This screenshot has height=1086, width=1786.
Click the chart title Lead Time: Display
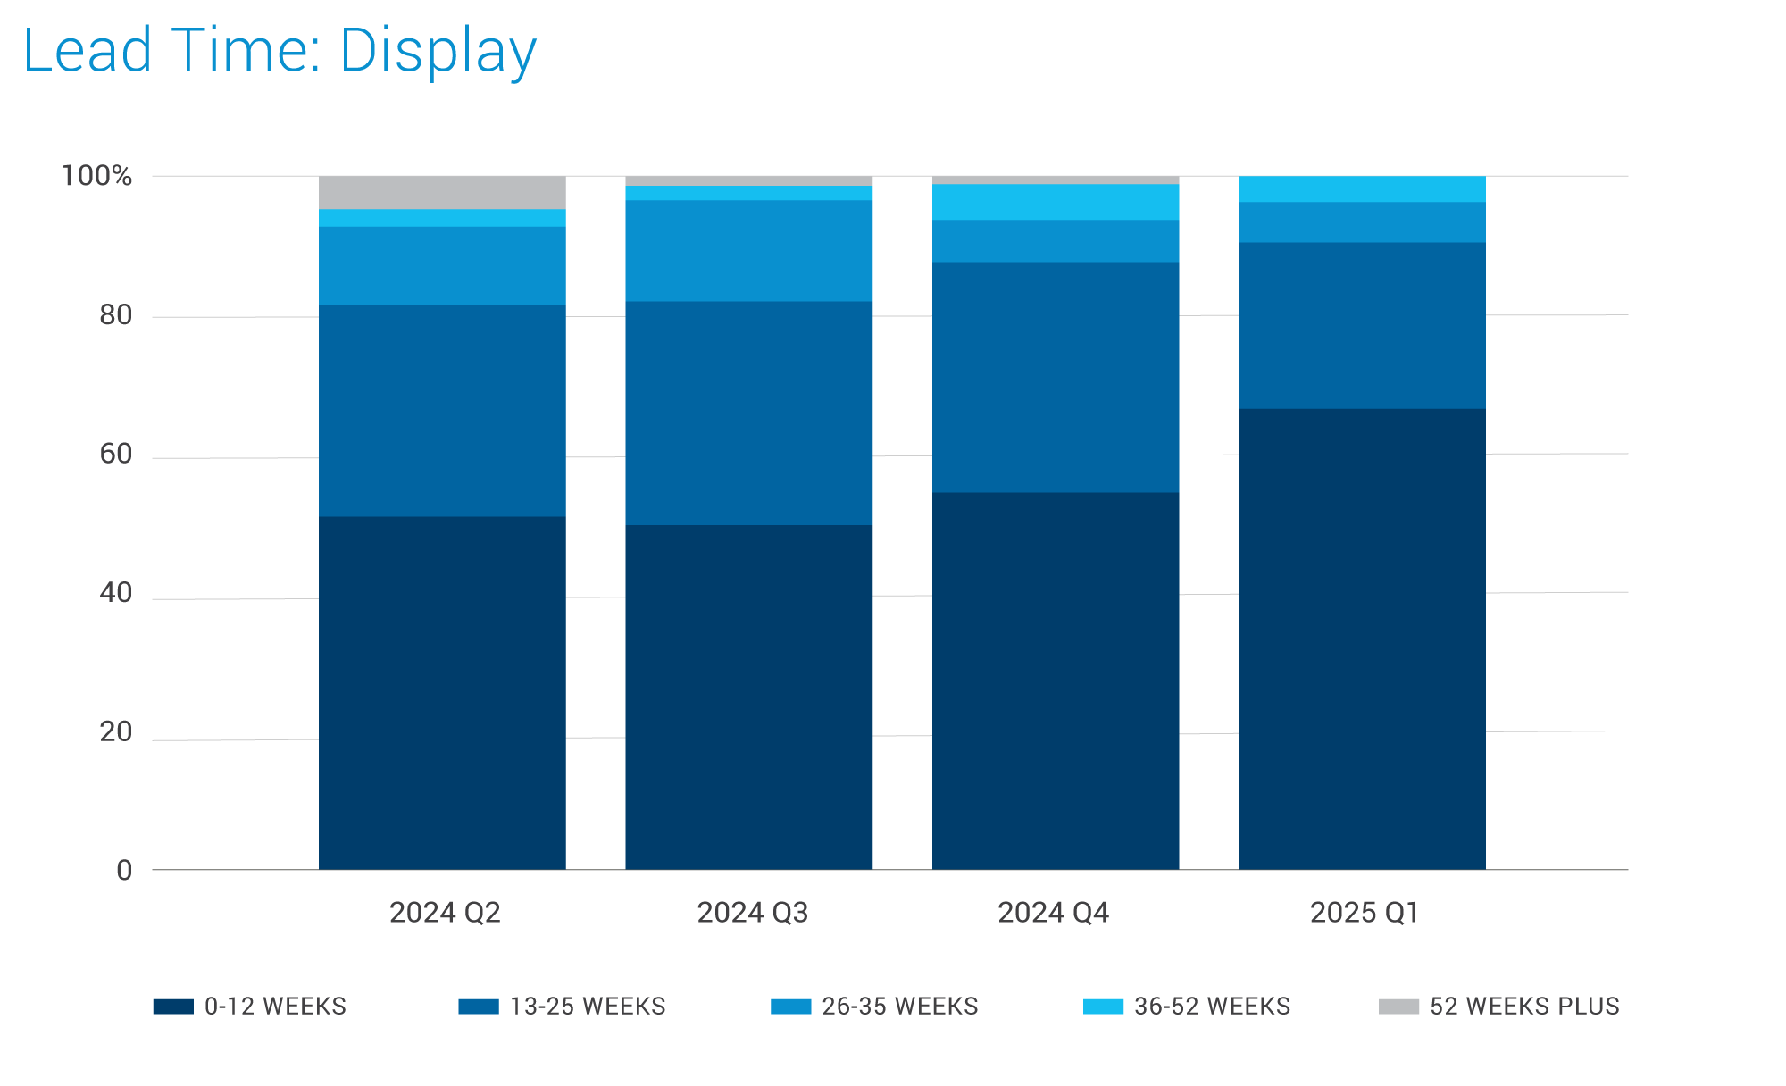click(x=280, y=51)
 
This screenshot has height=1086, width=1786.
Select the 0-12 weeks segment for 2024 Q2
click(x=442, y=692)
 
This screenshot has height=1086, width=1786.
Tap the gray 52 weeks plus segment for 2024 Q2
click(x=442, y=192)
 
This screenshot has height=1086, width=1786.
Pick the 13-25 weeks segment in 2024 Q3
click(x=748, y=413)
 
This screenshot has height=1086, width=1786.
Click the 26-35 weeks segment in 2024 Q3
click(x=748, y=250)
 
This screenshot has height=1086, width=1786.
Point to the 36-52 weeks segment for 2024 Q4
click(x=1056, y=202)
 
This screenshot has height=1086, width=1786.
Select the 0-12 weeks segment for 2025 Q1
click(x=1362, y=639)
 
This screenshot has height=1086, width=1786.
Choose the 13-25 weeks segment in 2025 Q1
click(x=1362, y=325)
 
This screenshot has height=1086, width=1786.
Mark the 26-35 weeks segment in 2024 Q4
click(x=1056, y=240)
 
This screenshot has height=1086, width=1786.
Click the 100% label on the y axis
click(x=96, y=176)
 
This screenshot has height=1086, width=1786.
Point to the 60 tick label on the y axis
click(x=115, y=455)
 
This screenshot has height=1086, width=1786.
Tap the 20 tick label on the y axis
click(x=115, y=732)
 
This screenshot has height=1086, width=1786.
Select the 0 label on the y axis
click(x=124, y=871)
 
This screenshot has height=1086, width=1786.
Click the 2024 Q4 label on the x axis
click(x=1053, y=913)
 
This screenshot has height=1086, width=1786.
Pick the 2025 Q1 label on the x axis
click(x=1364, y=913)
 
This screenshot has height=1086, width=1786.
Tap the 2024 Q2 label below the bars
click(x=445, y=913)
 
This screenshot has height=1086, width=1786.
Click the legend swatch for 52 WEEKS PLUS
click(x=1398, y=1007)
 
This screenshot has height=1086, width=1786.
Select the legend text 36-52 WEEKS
click(x=1212, y=1007)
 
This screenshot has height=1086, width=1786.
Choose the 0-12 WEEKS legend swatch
click(x=173, y=1007)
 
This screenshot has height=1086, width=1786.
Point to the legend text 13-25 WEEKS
click(x=588, y=1007)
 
